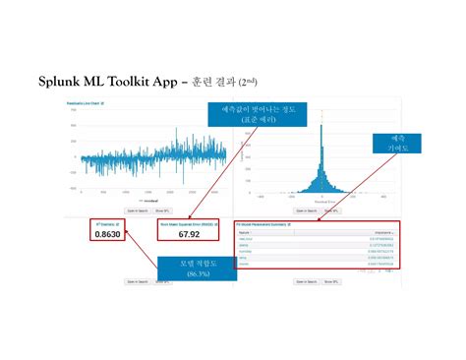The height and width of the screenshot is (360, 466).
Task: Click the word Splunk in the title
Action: coord(61,81)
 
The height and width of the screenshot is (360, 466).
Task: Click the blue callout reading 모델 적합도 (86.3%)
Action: coord(197,268)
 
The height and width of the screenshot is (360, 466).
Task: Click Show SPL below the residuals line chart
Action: coord(162,210)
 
